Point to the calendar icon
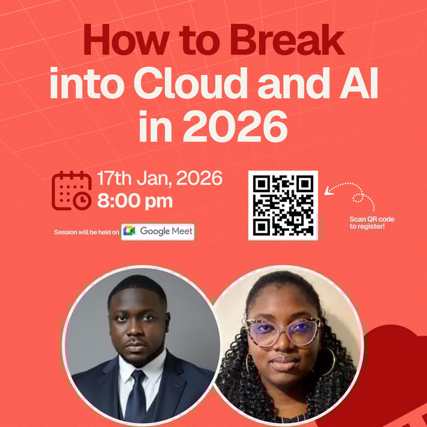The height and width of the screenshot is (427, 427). [x=72, y=191]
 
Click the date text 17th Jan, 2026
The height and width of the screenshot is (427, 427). [x=160, y=179]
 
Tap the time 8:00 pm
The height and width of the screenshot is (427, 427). [x=135, y=201]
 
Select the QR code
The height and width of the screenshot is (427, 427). [x=283, y=205]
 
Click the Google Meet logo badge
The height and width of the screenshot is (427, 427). [x=158, y=231]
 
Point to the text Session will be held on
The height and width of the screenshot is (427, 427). [x=86, y=232]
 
